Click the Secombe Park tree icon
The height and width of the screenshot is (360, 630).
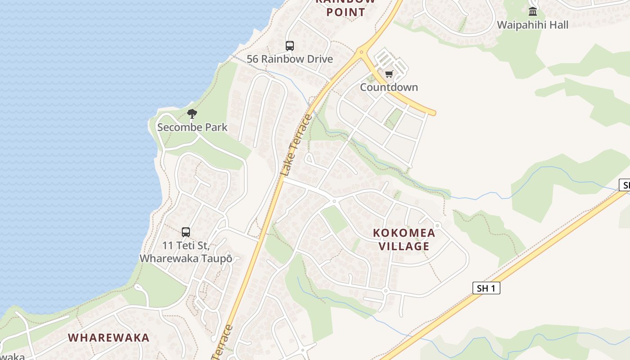[x=192, y=114]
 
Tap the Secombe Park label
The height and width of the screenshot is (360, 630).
[x=192, y=127]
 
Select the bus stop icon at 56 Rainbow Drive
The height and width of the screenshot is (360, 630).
[x=290, y=46]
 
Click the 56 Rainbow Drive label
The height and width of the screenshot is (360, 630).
[x=290, y=59]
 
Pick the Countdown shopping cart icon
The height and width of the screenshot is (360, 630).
[x=389, y=74]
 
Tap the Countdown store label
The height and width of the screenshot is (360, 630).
[x=389, y=87]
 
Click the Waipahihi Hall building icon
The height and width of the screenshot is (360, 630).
[x=533, y=11]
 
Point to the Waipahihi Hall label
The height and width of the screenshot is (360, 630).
[x=533, y=25]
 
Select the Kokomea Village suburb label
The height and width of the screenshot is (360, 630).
[x=404, y=239]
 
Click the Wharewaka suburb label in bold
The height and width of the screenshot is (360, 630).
[x=108, y=337]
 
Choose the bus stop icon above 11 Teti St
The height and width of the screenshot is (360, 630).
[x=186, y=232]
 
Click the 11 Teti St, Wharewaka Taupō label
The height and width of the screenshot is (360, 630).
[x=186, y=252]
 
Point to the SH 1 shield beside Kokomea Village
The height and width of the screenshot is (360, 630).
[x=486, y=288]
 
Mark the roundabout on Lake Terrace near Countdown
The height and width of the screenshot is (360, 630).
[x=361, y=52]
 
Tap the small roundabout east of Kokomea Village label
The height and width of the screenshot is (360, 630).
[x=437, y=225]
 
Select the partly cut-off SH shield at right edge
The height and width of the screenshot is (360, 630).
[x=625, y=185]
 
